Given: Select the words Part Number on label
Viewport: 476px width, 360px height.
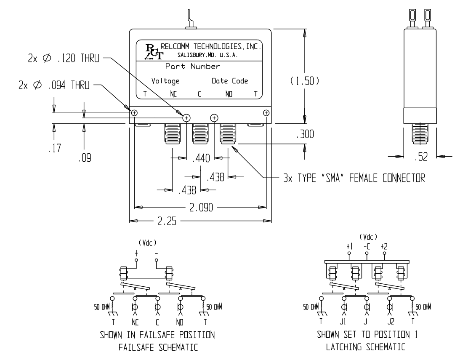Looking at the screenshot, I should pos(193,67).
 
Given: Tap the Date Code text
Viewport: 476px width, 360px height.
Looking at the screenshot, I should pos(230,81).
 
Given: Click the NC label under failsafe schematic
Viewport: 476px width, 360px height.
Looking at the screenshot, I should pos(135,324).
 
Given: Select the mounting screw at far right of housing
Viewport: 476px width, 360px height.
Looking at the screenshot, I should pos(266,113).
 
